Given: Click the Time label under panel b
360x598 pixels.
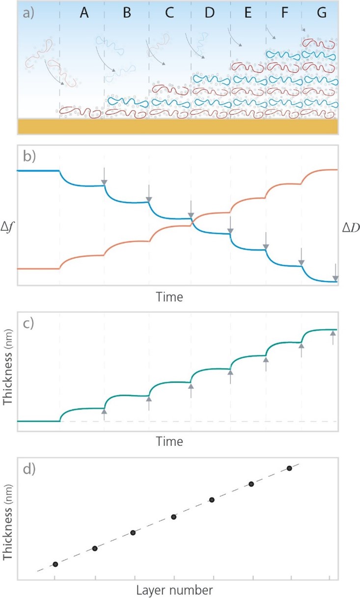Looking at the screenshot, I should pos(170,297).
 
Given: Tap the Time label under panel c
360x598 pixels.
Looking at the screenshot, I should pos(170,441).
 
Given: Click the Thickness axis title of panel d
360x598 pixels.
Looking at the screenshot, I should pos(8,519).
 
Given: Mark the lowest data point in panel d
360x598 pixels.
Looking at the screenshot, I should pos(55,564).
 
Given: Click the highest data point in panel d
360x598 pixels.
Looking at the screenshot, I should pos(289,468).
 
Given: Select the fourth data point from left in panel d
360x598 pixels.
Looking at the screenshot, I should pos(173,516).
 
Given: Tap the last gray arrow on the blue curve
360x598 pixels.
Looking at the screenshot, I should pos(335,273).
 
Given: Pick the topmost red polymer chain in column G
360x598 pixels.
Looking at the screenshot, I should pos(319,44).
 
